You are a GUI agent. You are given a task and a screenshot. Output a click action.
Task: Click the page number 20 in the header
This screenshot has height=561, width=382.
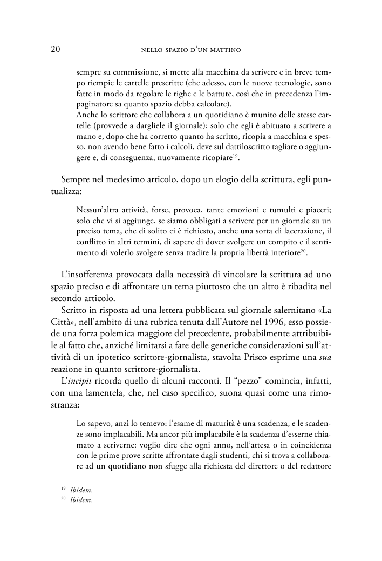tap(54, 50)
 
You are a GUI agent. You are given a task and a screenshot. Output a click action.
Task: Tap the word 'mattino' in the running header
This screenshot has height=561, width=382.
tap(225, 50)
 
